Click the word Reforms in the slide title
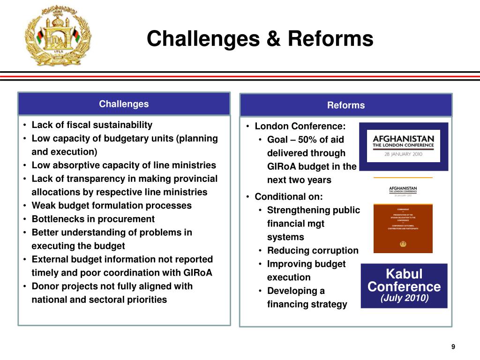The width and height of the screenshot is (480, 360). tap(330, 39)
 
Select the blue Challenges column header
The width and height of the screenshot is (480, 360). tap(124, 104)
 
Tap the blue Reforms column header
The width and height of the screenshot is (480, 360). tap(346, 105)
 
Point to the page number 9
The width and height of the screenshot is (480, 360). tap(453, 347)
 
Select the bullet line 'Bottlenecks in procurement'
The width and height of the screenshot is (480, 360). tap(93, 219)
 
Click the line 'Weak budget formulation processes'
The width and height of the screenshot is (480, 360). tap(112, 206)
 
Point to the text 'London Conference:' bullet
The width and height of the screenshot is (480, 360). tap(300, 127)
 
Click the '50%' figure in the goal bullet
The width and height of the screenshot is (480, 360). tap(307, 140)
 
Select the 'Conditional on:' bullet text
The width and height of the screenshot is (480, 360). tap(289, 197)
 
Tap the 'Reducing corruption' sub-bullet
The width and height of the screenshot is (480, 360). tap(313, 251)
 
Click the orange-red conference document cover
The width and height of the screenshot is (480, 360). tap(403, 228)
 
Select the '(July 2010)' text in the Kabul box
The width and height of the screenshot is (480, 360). tap(404, 299)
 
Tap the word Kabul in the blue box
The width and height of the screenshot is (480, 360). tap(404, 274)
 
